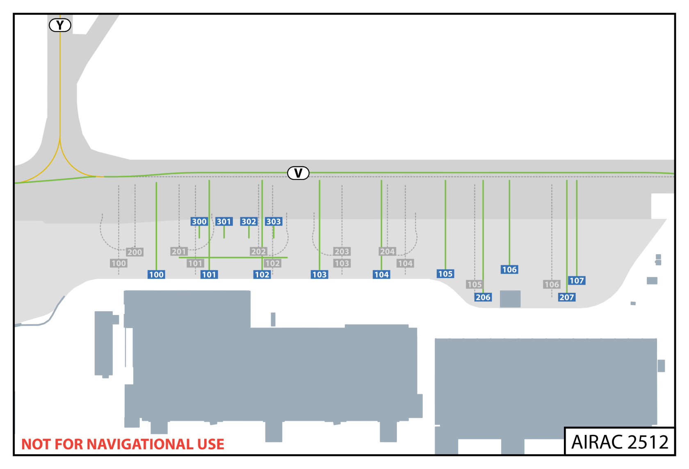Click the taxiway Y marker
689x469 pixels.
60,25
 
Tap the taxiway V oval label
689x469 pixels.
298,173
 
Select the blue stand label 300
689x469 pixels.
199,221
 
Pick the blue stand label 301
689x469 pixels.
224,221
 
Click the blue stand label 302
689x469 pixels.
249,221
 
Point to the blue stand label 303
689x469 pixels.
274,221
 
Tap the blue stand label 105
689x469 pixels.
445,274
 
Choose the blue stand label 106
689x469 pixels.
509,269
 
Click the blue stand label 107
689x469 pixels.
577,280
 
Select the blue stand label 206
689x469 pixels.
483,297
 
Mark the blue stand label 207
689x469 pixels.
567,297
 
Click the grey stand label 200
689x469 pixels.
135,252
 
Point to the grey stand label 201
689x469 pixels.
179,251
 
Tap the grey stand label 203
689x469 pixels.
342,251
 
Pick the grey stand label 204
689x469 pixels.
387,251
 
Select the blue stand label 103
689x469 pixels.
319,274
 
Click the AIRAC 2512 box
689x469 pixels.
619,442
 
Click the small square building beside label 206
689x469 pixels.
510,299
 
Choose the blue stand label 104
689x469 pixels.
381,274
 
